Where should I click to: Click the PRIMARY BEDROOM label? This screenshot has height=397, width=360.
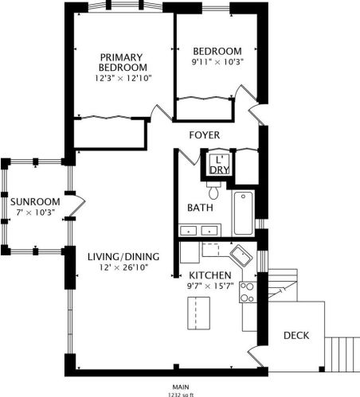(x=121, y=62)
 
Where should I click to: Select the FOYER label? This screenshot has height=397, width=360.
(x=204, y=135)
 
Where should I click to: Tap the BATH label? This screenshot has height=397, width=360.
(x=199, y=208)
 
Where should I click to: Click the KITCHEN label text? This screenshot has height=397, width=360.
(x=209, y=274)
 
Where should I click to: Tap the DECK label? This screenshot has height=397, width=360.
(x=296, y=336)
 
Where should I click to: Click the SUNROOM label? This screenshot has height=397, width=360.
(x=35, y=200)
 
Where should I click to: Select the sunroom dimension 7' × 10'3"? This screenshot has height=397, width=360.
(x=35, y=212)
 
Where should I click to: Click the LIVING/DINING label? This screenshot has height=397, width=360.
(x=123, y=256)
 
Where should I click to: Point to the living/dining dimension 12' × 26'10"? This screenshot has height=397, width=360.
(x=123, y=268)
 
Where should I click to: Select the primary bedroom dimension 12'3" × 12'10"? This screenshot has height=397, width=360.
(x=123, y=78)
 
